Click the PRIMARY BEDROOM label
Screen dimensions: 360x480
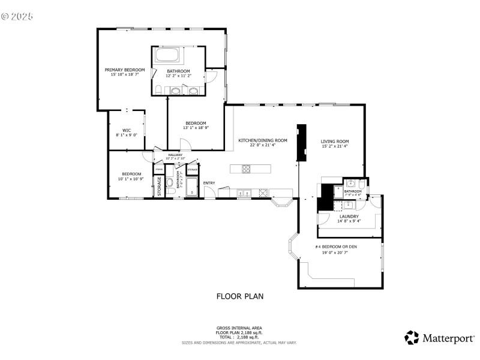pyautogui.click(x=124, y=70)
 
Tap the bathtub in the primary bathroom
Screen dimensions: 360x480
pyautogui.click(x=167, y=56)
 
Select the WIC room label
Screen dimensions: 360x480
pyautogui.click(x=127, y=130)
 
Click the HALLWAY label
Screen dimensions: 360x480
pyautogui.click(x=175, y=155)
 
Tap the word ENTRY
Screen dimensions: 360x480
pyautogui.click(x=209, y=183)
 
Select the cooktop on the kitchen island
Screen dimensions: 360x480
pyautogui.click(x=246, y=169)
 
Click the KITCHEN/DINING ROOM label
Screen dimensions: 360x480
pyautogui.click(x=263, y=140)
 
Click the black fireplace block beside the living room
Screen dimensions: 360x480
pyautogui.click(x=301, y=142)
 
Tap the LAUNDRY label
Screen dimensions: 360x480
pyautogui.click(x=349, y=216)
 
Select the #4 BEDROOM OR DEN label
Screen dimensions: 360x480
pyautogui.click(x=335, y=247)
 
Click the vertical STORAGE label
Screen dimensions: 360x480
pyautogui.click(x=160, y=186)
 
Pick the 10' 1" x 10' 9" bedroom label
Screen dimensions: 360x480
pyautogui.click(x=131, y=179)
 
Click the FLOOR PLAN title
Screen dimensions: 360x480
pyautogui.click(x=239, y=296)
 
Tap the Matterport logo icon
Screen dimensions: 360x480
pyautogui.click(x=412, y=338)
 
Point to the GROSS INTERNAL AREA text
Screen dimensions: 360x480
pyautogui.click(x=239, y=328)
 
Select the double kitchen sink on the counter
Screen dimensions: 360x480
pyautogui.click(x=244, y=193)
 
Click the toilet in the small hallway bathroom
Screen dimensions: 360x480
pyautogui.click(x=170, y=184)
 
